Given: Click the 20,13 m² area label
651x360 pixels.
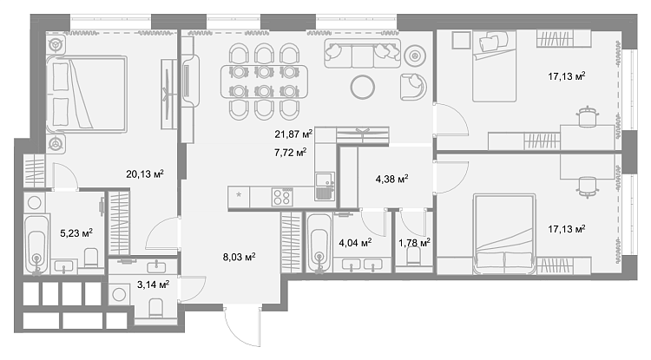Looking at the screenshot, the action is tap(145, 173).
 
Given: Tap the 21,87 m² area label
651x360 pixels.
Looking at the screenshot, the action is tap(293, 134).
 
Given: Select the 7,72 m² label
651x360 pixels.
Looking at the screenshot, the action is tap(290, 153).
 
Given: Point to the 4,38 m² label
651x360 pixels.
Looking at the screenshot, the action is tap(391, 180).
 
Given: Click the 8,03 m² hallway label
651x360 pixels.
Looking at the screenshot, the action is tap(240, 257).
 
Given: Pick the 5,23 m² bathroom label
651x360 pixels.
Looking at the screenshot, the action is tap(76, 233).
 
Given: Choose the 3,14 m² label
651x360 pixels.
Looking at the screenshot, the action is tap(153, 285).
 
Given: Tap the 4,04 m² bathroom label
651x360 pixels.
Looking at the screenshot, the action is tap(355, 243).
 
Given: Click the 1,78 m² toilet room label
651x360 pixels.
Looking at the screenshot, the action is tap(414, 243).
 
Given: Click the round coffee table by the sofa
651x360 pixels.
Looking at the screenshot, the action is tap(363, 87).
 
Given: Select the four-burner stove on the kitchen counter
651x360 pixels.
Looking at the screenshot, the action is tap(282, 197).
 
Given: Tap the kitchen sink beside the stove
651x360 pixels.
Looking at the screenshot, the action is tap(325, 187).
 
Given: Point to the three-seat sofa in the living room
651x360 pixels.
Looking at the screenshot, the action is tap(363, 54).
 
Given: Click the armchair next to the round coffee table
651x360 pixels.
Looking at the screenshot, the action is tap(413, 87).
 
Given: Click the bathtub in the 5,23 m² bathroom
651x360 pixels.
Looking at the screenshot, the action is tap(36, 244).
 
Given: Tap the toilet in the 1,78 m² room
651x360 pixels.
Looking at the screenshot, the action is tap(413, 258).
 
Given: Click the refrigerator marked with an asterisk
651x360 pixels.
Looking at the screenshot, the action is tap(239, 197).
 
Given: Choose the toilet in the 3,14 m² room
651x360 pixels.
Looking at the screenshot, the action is tap(156, 307).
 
